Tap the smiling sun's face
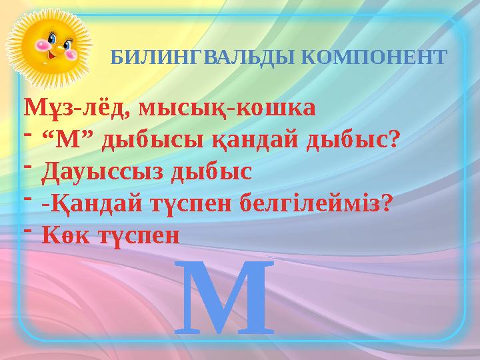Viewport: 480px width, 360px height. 49,43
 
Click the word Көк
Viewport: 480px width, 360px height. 62,234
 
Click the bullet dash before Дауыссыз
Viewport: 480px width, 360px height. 30,167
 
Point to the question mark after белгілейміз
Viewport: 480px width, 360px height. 384,203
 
